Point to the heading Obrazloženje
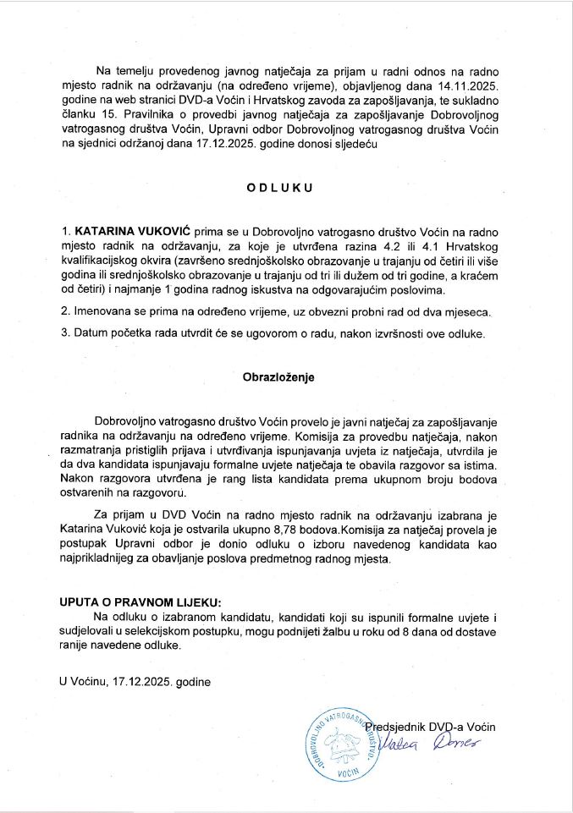(x=279, y=377)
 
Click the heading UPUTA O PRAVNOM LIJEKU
(x=140, y=602)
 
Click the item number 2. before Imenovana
(x=64, y=312)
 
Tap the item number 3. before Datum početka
(x=64, y=333)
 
